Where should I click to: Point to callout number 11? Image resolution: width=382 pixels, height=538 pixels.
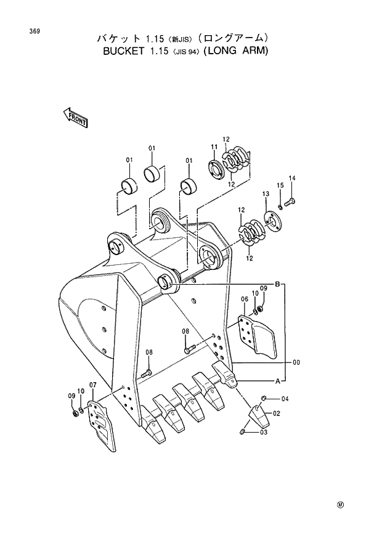coord(214,147)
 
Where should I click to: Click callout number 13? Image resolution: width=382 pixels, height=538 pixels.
coord(266,194)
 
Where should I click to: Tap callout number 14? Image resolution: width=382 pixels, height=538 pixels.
coord(292,179)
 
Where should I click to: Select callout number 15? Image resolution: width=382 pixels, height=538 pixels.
coord(280,185)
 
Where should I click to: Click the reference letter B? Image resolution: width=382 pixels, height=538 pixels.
coord(278,284)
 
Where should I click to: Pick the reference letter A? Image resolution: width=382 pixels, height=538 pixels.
coord(278,381)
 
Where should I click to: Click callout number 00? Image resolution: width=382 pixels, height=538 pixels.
coord(296,363)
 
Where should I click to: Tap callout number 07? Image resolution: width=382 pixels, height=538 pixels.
coord(93,385)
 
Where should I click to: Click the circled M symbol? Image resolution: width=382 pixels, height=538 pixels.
coord(339,505)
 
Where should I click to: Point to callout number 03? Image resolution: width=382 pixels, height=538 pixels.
coord(264,433)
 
